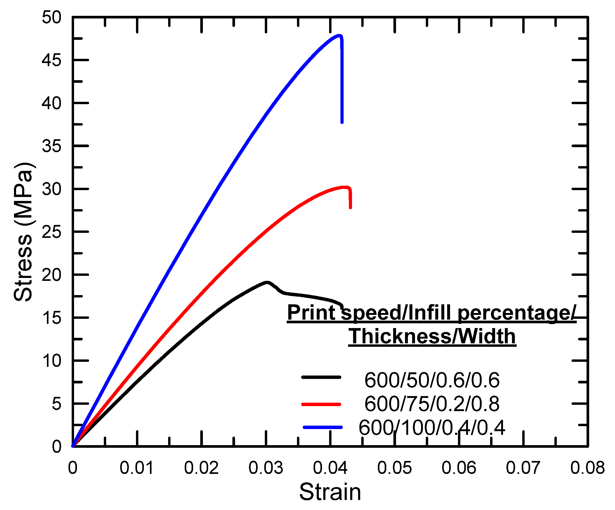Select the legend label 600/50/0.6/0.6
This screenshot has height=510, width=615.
(x=432, y=380)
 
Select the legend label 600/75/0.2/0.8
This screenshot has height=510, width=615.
(x=432, y=404)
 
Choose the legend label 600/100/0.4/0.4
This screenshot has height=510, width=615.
(x=432, y=427)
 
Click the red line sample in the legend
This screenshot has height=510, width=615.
(x=321, y=404)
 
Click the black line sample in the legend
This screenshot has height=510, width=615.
(x=321, y=377)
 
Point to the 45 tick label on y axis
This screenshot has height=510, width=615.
(x=52, y=60)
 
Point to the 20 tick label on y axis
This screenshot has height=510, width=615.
(x=52, y=275)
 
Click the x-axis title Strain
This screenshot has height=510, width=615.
(x=330, y=492)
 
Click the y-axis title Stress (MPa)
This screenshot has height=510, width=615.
(x=23, y=232)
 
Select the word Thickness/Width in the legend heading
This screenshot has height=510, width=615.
(x=432, y=336)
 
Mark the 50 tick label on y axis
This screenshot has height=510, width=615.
(x=52, y=18)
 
